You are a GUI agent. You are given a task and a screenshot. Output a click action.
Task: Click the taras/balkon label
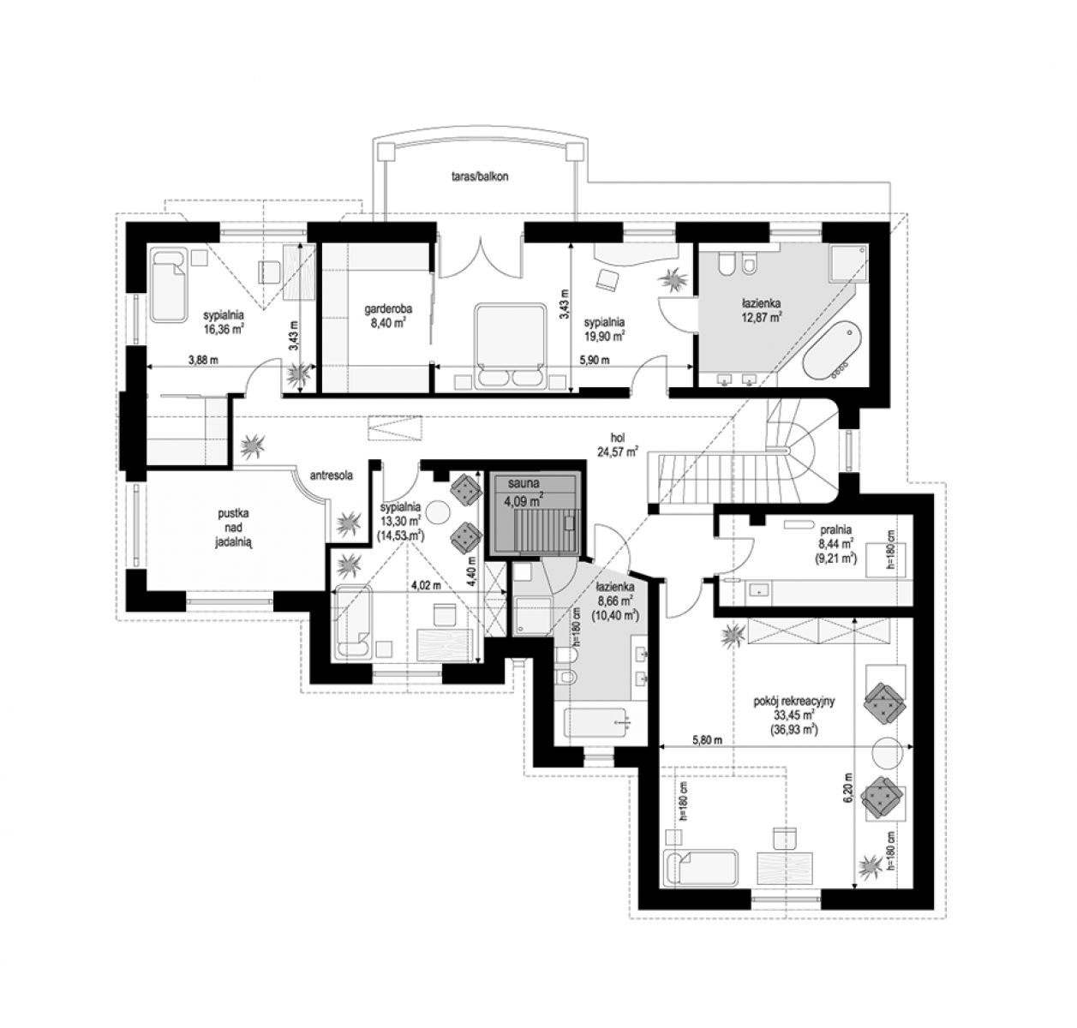(479, 177)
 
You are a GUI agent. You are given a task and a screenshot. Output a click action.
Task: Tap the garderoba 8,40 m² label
(388, 316)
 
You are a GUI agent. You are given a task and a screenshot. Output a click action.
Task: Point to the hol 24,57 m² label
(618, 445)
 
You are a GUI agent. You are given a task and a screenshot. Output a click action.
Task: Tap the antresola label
(332, 475)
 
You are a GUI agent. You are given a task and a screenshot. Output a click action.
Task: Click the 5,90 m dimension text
(595, 360)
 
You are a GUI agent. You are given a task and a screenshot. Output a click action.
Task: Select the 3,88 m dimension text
(203, 360)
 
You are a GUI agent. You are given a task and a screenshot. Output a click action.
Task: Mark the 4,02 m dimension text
(426, 585)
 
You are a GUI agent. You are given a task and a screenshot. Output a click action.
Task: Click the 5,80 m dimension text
(708, 740)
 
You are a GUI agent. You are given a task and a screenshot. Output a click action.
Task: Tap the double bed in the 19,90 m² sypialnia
(509, 346)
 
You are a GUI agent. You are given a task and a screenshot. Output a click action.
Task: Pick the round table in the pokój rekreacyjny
(888, 751)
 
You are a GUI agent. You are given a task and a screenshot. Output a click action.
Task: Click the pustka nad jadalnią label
(234, 529)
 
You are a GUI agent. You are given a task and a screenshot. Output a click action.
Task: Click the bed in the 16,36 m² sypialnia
(169, 285)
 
